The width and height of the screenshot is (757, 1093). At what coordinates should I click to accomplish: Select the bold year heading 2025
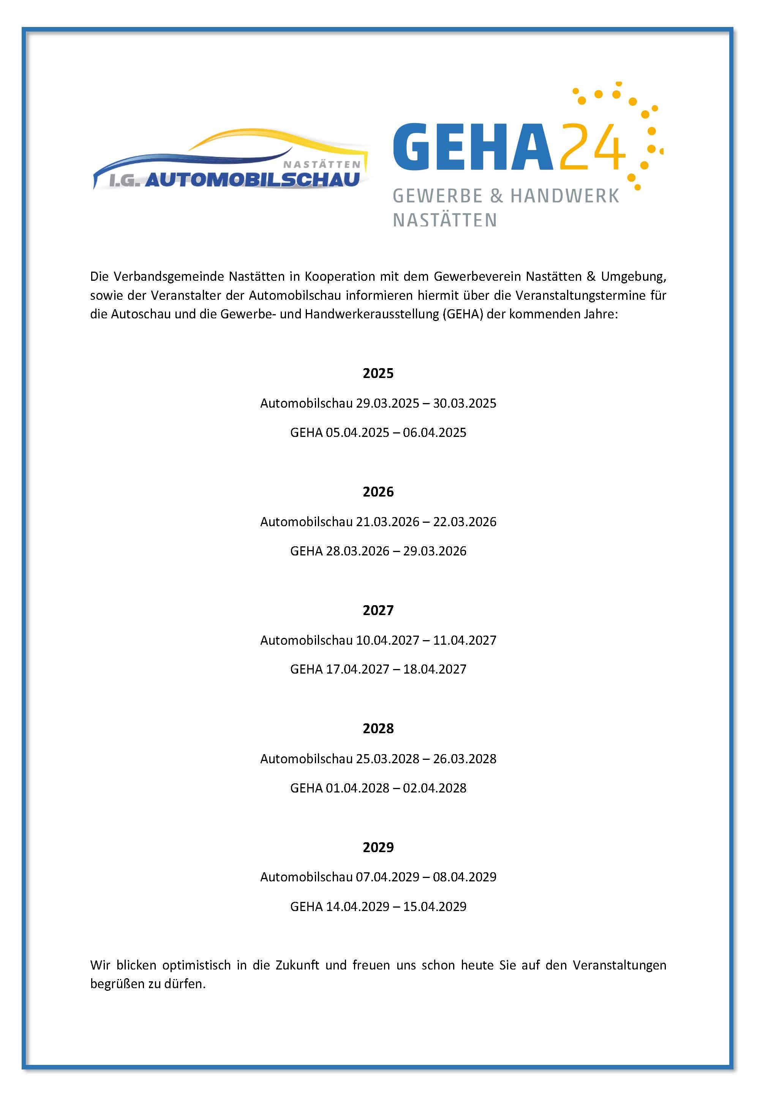(x=378, y=373)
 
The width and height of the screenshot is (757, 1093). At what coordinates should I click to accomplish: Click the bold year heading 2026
(x=378, y=492)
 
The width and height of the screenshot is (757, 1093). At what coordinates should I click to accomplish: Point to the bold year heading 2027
(x=378, y=610)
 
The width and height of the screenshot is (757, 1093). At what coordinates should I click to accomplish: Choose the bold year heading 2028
(x=378, y=729)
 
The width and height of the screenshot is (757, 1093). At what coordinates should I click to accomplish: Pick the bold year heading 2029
(x=378, y=847)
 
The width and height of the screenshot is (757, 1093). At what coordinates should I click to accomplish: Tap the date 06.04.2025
(x=435, y=433)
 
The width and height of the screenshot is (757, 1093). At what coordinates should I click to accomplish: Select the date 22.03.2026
(x=465, y=522)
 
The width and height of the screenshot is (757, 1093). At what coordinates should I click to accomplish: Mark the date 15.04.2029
(x=435, y=906)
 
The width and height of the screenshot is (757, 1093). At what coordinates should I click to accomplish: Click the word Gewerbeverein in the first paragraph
(x=477, y=276)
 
